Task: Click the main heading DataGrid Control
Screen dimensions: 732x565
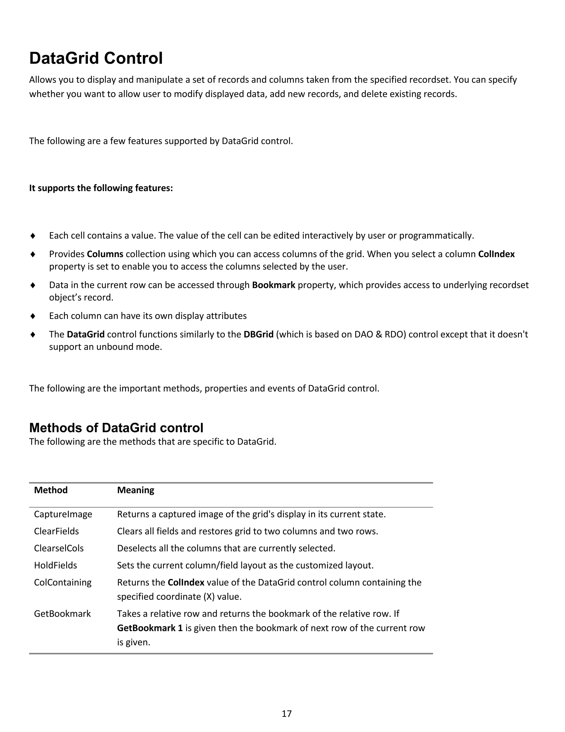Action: click(x=96, y=58)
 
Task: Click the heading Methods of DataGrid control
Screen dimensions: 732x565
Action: click(x=116, y=428)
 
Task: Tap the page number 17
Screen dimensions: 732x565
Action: click(x=287, y=713)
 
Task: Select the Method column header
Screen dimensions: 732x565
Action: click(x=51, y=490)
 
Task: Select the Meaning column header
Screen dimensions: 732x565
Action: click(x=135, y=490)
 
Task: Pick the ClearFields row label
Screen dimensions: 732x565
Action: click(x=56, y=531)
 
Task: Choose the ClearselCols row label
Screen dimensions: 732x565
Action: click(x=58, y=548)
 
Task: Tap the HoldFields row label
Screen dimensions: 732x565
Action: click(x=55, y=565)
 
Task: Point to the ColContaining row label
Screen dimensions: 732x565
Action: click(x=63, y=583)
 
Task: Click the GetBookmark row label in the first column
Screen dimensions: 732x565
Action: click(x=62, y=614)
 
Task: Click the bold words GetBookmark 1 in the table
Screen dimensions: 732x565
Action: click(x=150, y=628)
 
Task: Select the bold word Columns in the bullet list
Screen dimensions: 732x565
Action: click(x=105, y=254)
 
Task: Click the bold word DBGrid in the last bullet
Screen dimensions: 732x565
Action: click(x=258, y=334)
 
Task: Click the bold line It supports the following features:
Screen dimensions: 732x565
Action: click(x=101, y=188)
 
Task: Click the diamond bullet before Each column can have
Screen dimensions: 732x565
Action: click(x=33, y=316)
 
